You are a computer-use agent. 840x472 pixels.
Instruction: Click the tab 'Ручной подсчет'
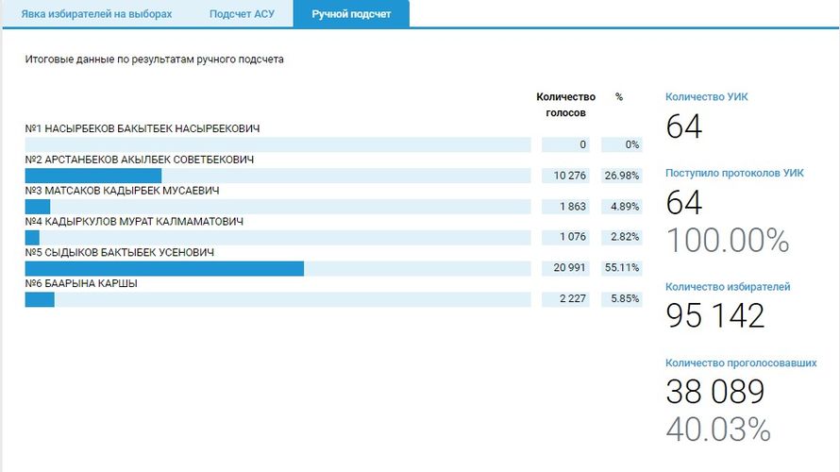pos(351,14)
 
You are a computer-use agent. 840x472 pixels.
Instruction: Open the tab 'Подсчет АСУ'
pos(242,14)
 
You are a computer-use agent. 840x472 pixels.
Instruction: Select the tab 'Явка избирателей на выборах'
pos(97,14)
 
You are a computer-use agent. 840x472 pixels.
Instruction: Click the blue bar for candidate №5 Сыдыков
pos(164,269)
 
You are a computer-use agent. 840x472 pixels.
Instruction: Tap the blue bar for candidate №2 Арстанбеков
pos(92,176)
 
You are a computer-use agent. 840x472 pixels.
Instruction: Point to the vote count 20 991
pos(569,269)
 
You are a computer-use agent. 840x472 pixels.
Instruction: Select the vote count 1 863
pos(571,207)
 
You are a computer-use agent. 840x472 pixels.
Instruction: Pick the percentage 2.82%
pos(626,238)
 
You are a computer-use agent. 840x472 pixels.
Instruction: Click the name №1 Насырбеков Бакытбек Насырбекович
pos(143,128)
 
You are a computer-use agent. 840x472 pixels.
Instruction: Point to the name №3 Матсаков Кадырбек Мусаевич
pos(122,191)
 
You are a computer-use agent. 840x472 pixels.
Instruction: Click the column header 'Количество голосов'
pos(565,105)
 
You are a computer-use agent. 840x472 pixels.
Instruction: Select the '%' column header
pos(619,96)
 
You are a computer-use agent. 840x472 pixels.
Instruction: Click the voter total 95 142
pos(714,316)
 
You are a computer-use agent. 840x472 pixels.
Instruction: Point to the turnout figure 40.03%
pos(717,430)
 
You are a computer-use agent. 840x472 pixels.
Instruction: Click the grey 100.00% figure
pos(727,241)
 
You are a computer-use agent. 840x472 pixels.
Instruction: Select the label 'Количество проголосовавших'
pos(741,362)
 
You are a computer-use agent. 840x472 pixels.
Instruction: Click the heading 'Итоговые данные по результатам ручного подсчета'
pos(155,59)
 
